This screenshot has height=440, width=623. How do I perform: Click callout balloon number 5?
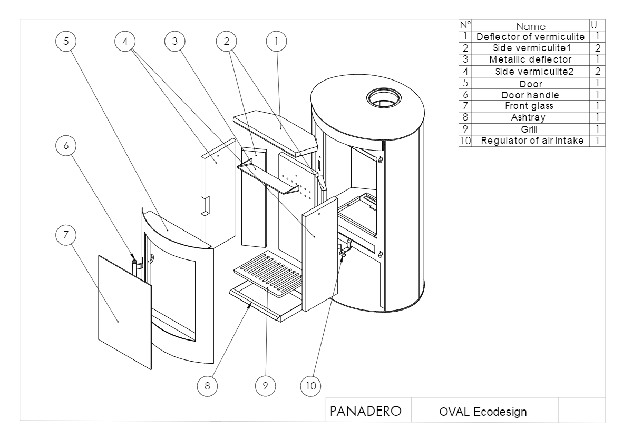[66, 42]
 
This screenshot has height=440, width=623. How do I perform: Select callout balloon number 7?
[66, 236]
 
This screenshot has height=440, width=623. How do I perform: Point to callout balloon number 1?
[276, 42]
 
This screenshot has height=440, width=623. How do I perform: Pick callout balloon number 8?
[207, 385]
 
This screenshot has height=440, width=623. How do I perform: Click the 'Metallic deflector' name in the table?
[530, 59]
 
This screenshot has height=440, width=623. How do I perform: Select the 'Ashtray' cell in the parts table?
[530, 117]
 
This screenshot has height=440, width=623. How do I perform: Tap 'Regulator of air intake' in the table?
[530, 141]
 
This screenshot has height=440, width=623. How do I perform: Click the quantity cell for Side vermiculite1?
[598, 48]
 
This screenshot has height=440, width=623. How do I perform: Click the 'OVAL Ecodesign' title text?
[483, 412]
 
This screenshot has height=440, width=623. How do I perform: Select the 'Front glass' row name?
[530, 106]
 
